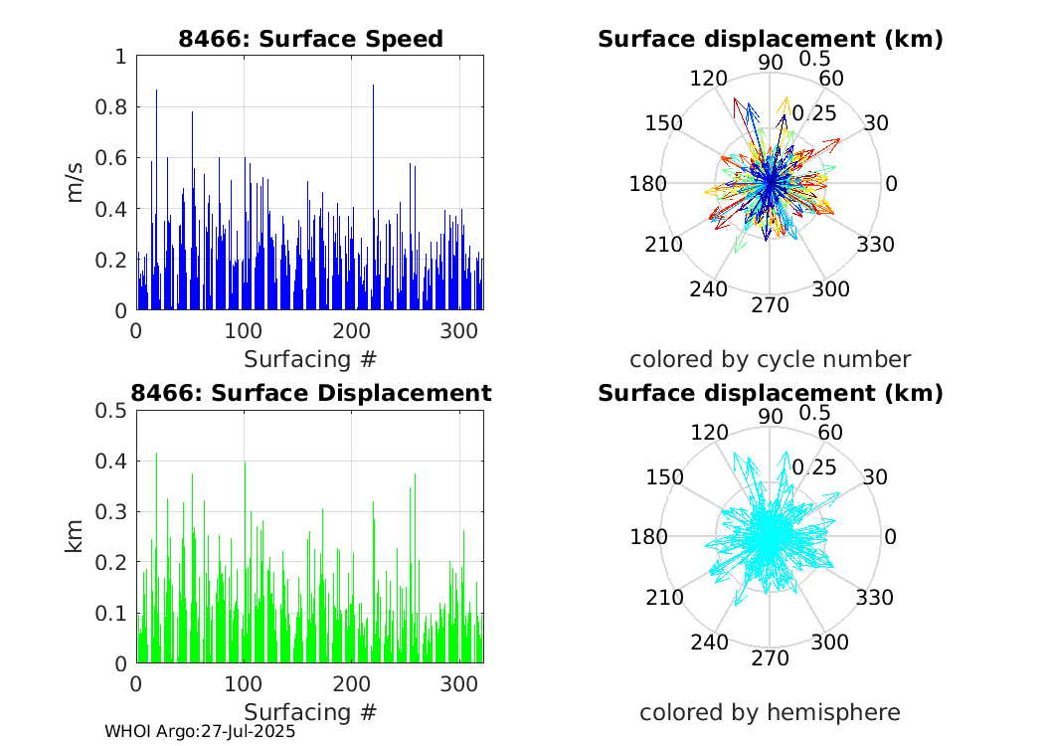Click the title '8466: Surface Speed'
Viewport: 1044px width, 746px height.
[x=310, y=39]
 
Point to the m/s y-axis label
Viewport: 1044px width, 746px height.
[x=77, y=183]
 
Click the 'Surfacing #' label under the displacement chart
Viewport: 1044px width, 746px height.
[x=310, y=712]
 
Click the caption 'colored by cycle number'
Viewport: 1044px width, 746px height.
[x=770, y=359]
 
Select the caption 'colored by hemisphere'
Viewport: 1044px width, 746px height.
[x=770, y=712]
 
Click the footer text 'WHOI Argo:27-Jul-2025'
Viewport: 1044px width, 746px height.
[x=200, y=731]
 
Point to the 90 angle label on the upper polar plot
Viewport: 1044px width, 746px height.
[x=770, y=62]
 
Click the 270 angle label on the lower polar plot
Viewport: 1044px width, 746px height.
[x=770, y=658]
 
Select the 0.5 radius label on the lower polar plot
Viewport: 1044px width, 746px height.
[x=815, y=413]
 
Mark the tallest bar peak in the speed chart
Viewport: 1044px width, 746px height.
[x=373, y=87]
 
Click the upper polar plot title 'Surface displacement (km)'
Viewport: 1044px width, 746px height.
[x=770, y=39]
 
